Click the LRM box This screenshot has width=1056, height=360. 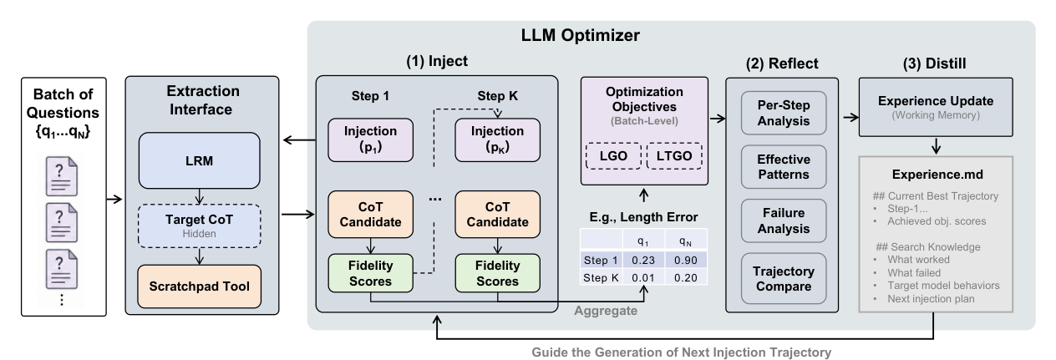click(199, 160)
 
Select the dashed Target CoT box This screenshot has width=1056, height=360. click(199, 226)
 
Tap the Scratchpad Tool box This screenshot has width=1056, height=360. click(199, 286)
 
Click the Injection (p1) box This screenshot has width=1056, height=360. click(371, 140)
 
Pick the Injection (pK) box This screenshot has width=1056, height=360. click(497, 140)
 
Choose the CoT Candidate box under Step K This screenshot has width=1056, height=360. click(497, 215)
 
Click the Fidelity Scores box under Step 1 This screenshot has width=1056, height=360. click(371, 273)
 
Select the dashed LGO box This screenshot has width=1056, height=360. click(613, 156)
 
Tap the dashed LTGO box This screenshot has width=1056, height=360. click(674, 156)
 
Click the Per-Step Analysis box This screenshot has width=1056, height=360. click(784, 113)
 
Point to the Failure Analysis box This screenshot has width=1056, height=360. click(784, 221)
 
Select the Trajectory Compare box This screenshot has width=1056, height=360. click(784, 279)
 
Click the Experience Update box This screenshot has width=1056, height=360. click(936, 108)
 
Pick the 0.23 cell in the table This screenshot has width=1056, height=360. click(643, 260)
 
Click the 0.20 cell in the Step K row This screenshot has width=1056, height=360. click(685, 278)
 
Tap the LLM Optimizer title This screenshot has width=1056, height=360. click(581, 35)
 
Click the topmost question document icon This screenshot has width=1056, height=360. click(62, 176)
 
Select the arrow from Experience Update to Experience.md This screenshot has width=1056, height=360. click(937, 146)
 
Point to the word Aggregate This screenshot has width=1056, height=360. click(606, 311)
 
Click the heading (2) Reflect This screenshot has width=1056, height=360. click(782, 63)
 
